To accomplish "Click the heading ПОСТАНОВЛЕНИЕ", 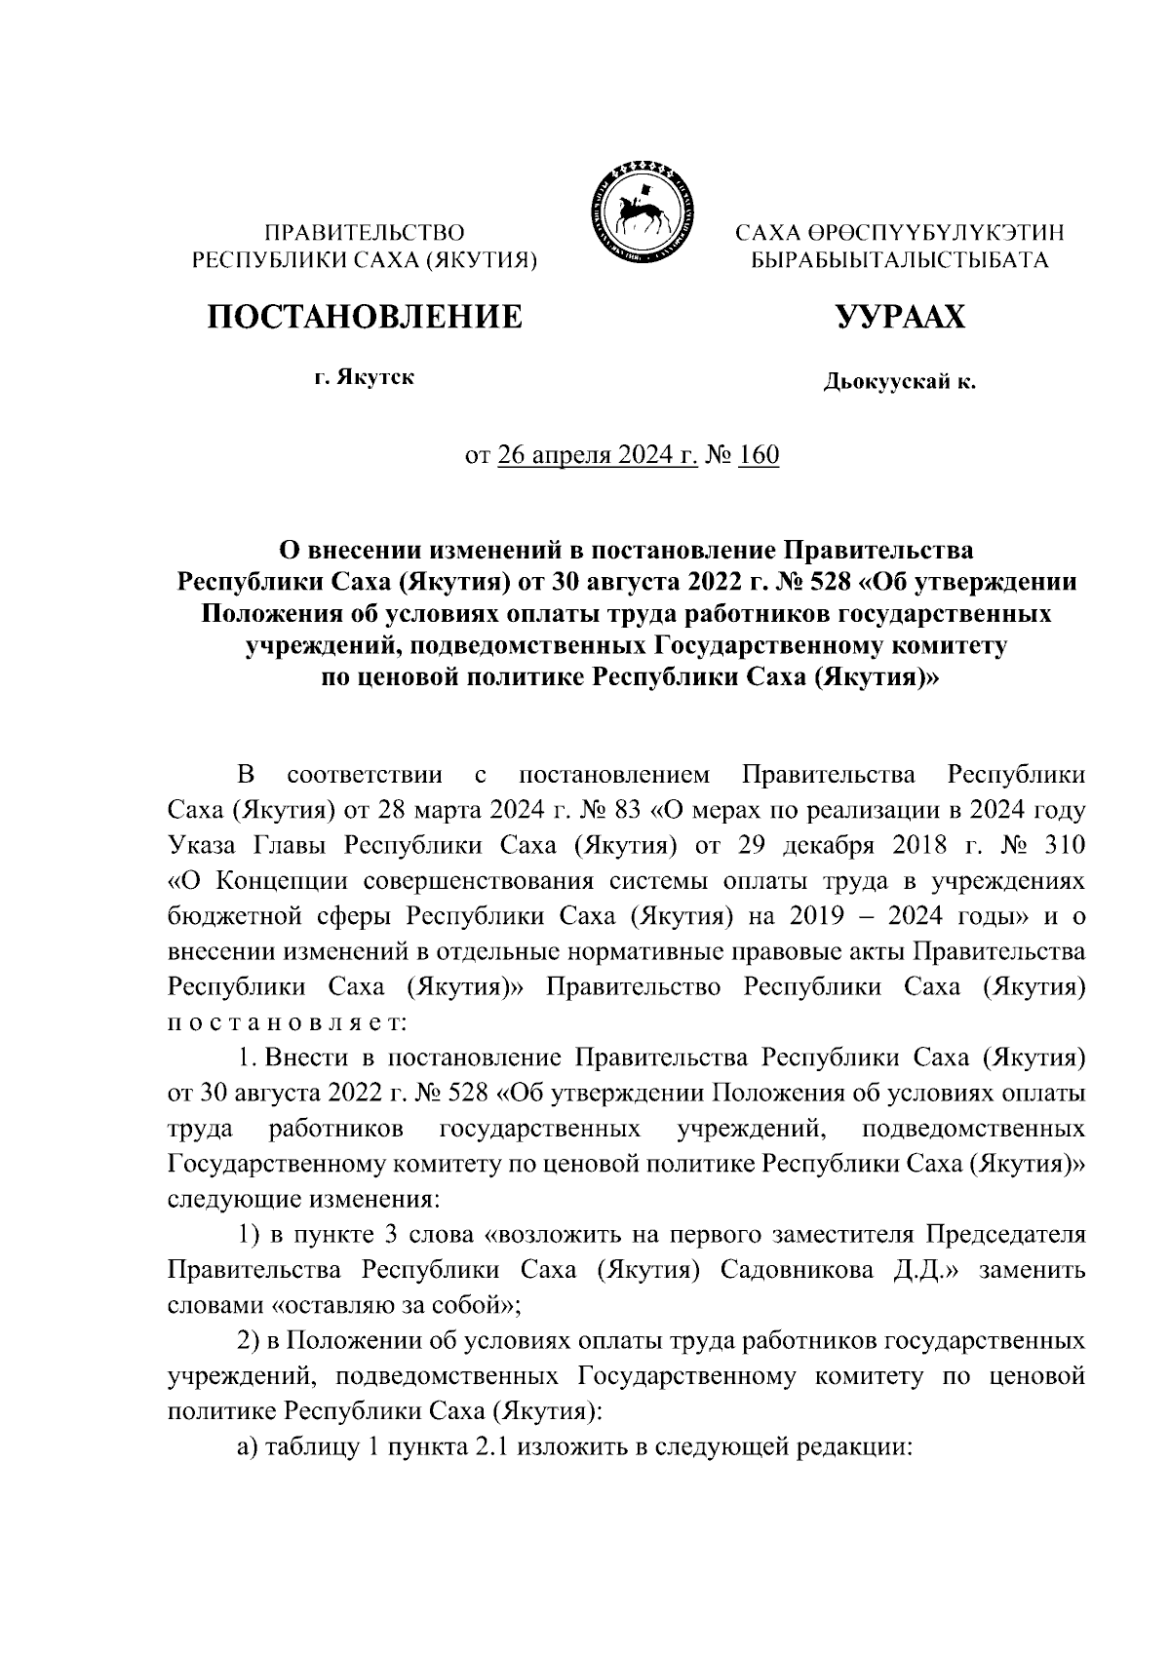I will tap(363, 316).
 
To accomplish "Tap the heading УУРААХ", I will tap(899, 317).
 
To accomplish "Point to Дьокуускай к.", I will tap(899, 382).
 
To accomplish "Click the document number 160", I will tap(759, 455).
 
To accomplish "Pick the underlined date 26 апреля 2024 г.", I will tap(597, 455).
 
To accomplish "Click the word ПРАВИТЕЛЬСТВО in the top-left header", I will tap(366, 233).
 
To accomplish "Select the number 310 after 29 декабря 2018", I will tap(1062, 846).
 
